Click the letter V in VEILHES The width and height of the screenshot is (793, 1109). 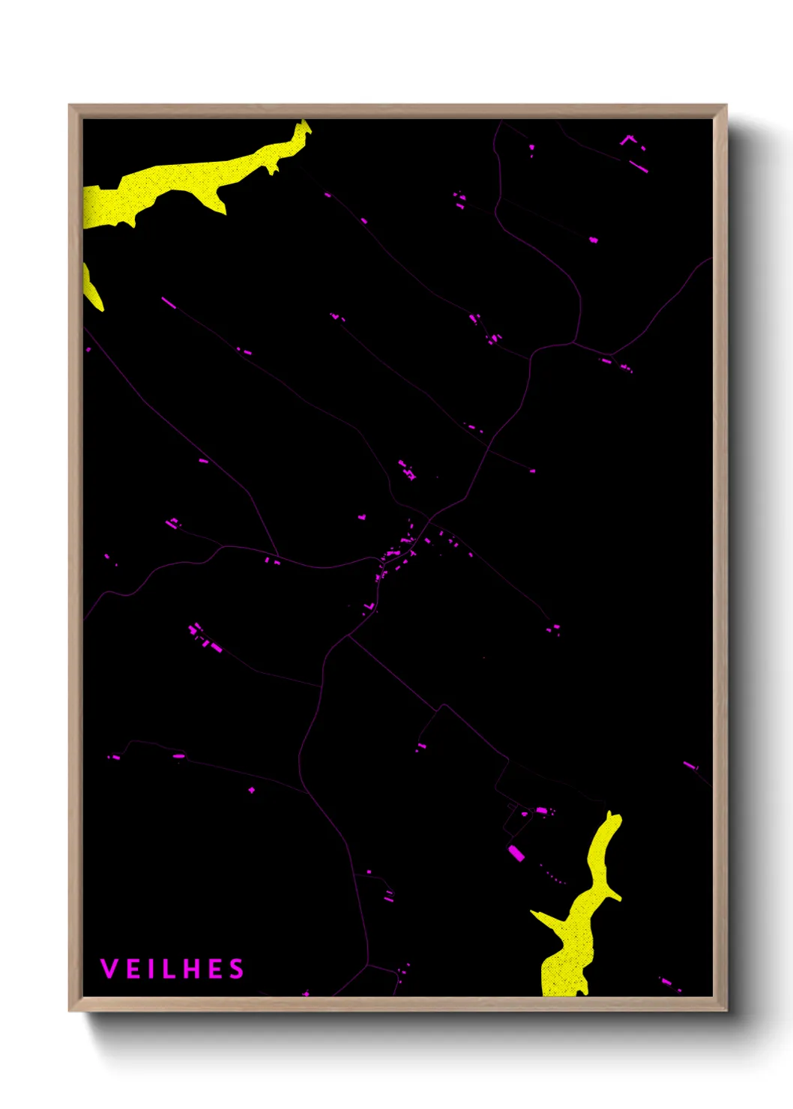109,969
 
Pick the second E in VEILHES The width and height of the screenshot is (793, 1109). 215,969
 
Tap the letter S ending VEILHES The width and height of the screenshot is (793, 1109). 237,969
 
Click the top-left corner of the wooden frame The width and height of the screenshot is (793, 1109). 70,106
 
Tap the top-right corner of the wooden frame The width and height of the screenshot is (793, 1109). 726,106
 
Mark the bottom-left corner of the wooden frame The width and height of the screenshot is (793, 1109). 70,1009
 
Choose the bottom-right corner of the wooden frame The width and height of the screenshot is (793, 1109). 726,1009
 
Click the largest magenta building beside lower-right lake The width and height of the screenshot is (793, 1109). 516,853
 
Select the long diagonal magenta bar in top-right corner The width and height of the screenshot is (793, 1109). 638,166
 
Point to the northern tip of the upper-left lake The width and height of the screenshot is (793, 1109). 304,124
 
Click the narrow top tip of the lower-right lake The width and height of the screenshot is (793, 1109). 610,815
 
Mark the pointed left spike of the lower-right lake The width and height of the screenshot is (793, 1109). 534,913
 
